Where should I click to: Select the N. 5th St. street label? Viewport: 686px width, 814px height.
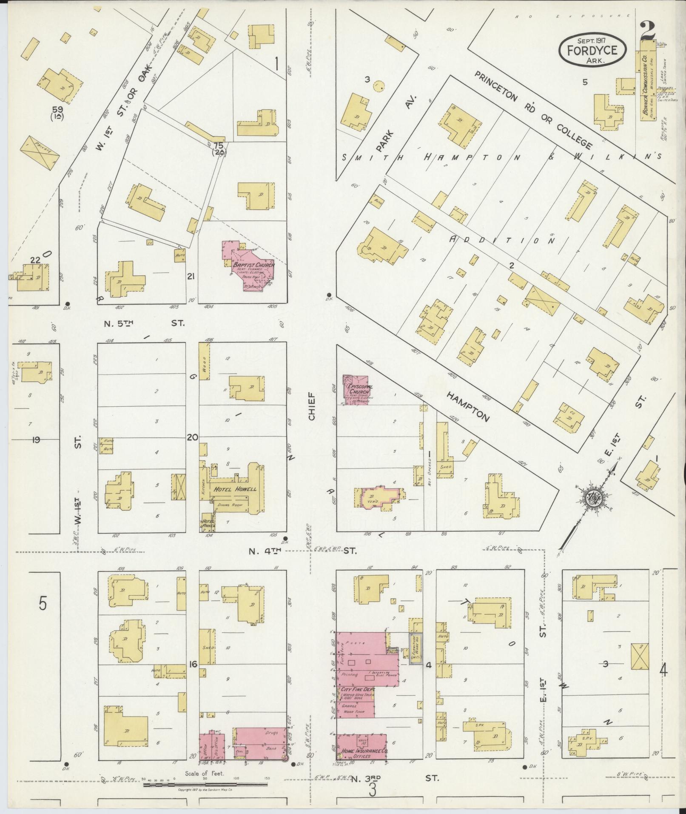pos(142,323)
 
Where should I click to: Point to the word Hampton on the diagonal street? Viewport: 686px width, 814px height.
pos(468,406)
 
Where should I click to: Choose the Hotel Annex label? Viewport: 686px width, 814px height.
pos(208,523)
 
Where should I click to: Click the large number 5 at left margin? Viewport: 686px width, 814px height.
pos(42,605)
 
